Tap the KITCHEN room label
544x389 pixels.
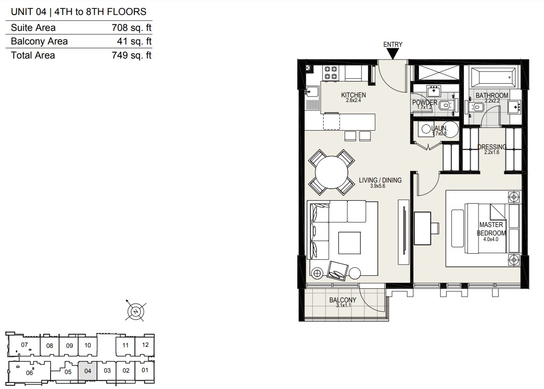tap(353, 95)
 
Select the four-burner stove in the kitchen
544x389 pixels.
tap(331, 73)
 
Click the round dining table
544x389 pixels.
tap(331, 172)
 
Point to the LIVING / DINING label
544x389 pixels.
tap(380, 180)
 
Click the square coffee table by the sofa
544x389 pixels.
tap(350, 243)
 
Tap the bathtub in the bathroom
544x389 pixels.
tap(493, 77)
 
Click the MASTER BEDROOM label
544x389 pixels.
tap(491, 229)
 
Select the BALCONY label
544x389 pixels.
tap(343, 300)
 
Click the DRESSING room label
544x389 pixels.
tap(492, 147)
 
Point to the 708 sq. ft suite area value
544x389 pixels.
tap(132, 28)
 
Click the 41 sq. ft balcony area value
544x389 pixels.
tap(134, 41)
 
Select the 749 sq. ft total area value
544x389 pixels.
tap(132, 56)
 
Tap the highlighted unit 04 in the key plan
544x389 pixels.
tap(88, 372)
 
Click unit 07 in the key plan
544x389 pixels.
tap(24, 345)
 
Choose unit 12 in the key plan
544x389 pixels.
tap(145, 345)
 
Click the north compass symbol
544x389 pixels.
tap(136, 311)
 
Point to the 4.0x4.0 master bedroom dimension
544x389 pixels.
tap(491, 239)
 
